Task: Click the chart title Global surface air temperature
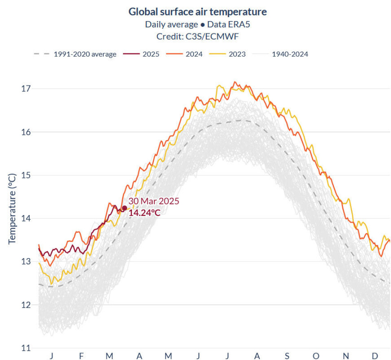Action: click(198, 12)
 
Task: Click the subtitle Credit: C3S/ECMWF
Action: click(198, 37)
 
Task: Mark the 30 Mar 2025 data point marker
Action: click(125, 208)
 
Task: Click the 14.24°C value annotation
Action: click(145, 213)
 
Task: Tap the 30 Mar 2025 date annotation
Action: click(154, 201)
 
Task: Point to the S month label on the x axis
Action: click(287, 356)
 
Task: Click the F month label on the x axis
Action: click(81, 356)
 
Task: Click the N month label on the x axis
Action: click(346, 356)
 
